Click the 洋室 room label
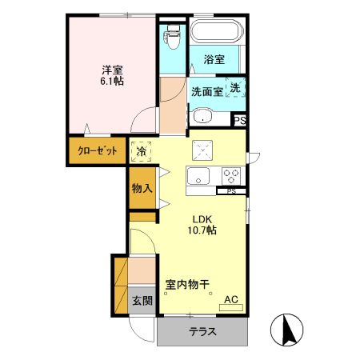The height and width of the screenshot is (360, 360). coord(110,68)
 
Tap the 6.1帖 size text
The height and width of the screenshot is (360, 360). coord(110,81)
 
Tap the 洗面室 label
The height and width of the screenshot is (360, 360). coord(206,90)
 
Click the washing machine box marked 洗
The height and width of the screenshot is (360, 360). coord(236,88)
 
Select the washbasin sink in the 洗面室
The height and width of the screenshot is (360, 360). coord(202,117)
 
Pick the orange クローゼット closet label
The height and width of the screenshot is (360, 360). coord(97,150)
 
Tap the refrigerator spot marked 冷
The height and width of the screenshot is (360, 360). coord(142,150)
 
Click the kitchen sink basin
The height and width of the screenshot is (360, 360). coord(198,176)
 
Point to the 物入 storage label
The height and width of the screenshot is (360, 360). coord(142,189)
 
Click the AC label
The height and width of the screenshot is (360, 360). coord(230,300)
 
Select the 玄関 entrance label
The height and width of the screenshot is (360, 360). coord(142,302)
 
